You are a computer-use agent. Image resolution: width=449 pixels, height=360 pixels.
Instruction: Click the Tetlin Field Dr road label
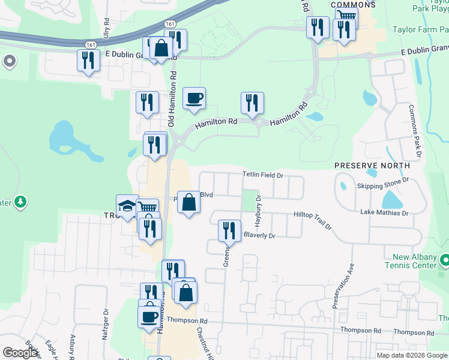click(x=262, y=175)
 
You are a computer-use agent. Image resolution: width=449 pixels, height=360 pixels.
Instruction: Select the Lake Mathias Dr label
click(x=384, y=212)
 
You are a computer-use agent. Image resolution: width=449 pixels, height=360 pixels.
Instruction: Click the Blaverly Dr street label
click(x=259, y=236)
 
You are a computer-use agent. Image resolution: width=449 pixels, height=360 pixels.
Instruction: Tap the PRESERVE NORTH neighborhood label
click(x=372, y=165)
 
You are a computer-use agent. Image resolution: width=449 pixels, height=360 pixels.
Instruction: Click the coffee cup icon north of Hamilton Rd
click(x=194, y=98)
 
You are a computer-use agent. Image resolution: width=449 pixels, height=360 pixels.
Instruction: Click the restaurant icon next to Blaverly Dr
click(x=229, y=230)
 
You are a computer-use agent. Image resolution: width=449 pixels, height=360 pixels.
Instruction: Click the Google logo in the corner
click(x=19, y=353)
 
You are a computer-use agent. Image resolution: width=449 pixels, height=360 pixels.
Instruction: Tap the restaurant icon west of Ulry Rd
click(x=88, y=61)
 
